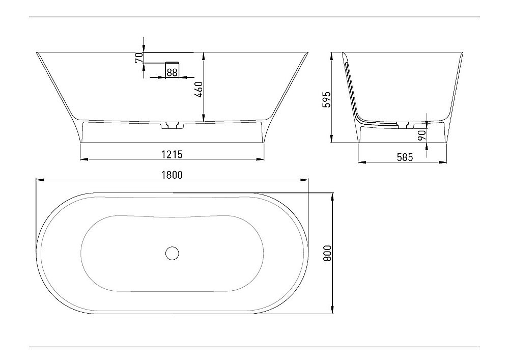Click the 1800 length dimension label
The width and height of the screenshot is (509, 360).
point(172,174)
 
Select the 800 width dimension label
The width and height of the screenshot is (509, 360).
point(327,253)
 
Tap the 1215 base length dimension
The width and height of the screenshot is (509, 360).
point(172,154)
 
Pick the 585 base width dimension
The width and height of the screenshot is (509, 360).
point(404,157)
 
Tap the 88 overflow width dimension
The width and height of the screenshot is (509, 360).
point(172,73)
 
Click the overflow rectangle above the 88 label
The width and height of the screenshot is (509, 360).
point(172,65)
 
